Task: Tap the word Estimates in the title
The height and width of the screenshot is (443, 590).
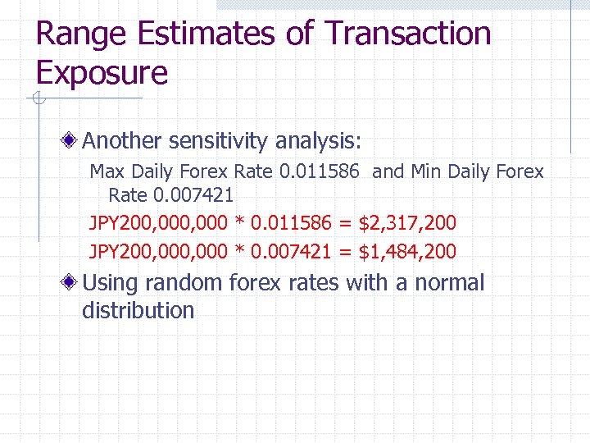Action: click(205, 35)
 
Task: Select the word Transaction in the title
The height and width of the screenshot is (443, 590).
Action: click(408, 35)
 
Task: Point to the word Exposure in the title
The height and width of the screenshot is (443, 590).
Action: click(102, 73)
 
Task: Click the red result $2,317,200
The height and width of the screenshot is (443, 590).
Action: click(407, 222)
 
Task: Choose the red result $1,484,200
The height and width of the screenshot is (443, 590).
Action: click(407, 250)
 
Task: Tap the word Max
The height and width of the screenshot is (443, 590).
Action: click(107, 171)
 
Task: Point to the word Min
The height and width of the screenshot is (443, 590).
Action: click(426, 171)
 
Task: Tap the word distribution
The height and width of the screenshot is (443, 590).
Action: click(138, 311)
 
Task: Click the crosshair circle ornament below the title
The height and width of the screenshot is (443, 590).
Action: click(36, 99)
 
